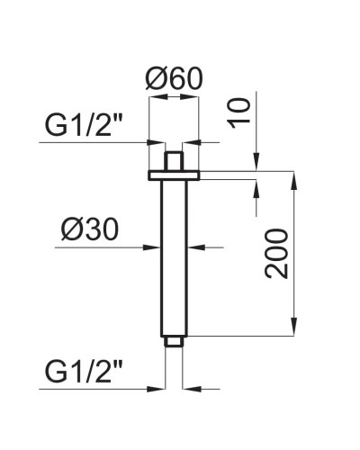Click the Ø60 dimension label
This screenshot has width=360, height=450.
173,79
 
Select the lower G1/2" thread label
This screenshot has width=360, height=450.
85,371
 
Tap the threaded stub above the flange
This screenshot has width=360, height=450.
174,160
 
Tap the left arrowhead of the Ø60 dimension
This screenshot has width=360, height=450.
153,112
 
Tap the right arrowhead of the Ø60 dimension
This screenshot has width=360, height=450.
194,112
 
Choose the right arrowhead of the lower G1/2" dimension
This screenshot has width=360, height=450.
187,388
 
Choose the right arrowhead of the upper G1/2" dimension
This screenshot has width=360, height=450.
188,141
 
